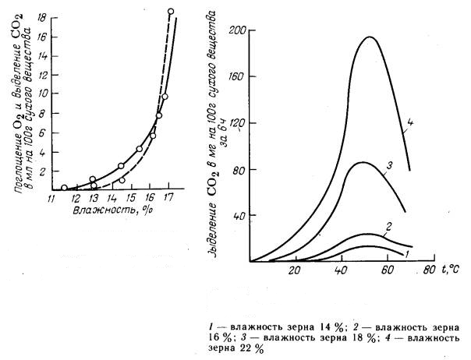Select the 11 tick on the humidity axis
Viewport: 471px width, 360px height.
click(51, 199)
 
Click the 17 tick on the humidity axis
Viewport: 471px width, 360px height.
click(168, 199)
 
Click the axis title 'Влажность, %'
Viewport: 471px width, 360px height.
click(107, 211)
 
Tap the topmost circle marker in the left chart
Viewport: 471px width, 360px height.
click(171, 12)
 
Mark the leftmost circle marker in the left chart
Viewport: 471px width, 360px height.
click(64, 188)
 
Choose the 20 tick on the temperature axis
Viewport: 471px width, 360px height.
click(296, 272)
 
